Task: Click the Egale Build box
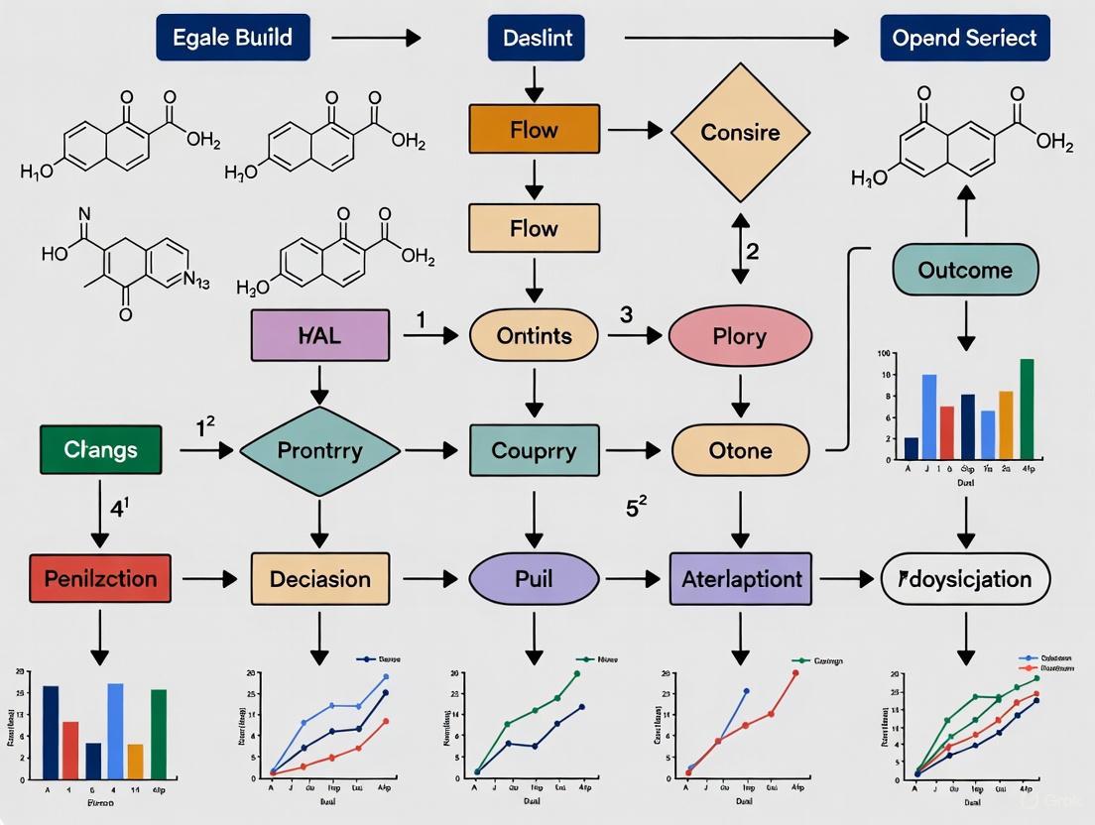click(232, 39)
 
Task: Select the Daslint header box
click(537, 39)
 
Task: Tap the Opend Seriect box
click(964, 39)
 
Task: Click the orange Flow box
click(534, 130)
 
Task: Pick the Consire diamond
click(740, 132)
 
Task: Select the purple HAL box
click(319, 336)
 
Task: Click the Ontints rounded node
click(534, 336)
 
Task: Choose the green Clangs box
click(101, 450)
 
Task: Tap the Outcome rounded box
click(965, 270)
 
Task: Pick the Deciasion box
click(319, 578)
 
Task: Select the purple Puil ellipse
click(534, 578)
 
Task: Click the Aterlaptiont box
click(740, 578)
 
